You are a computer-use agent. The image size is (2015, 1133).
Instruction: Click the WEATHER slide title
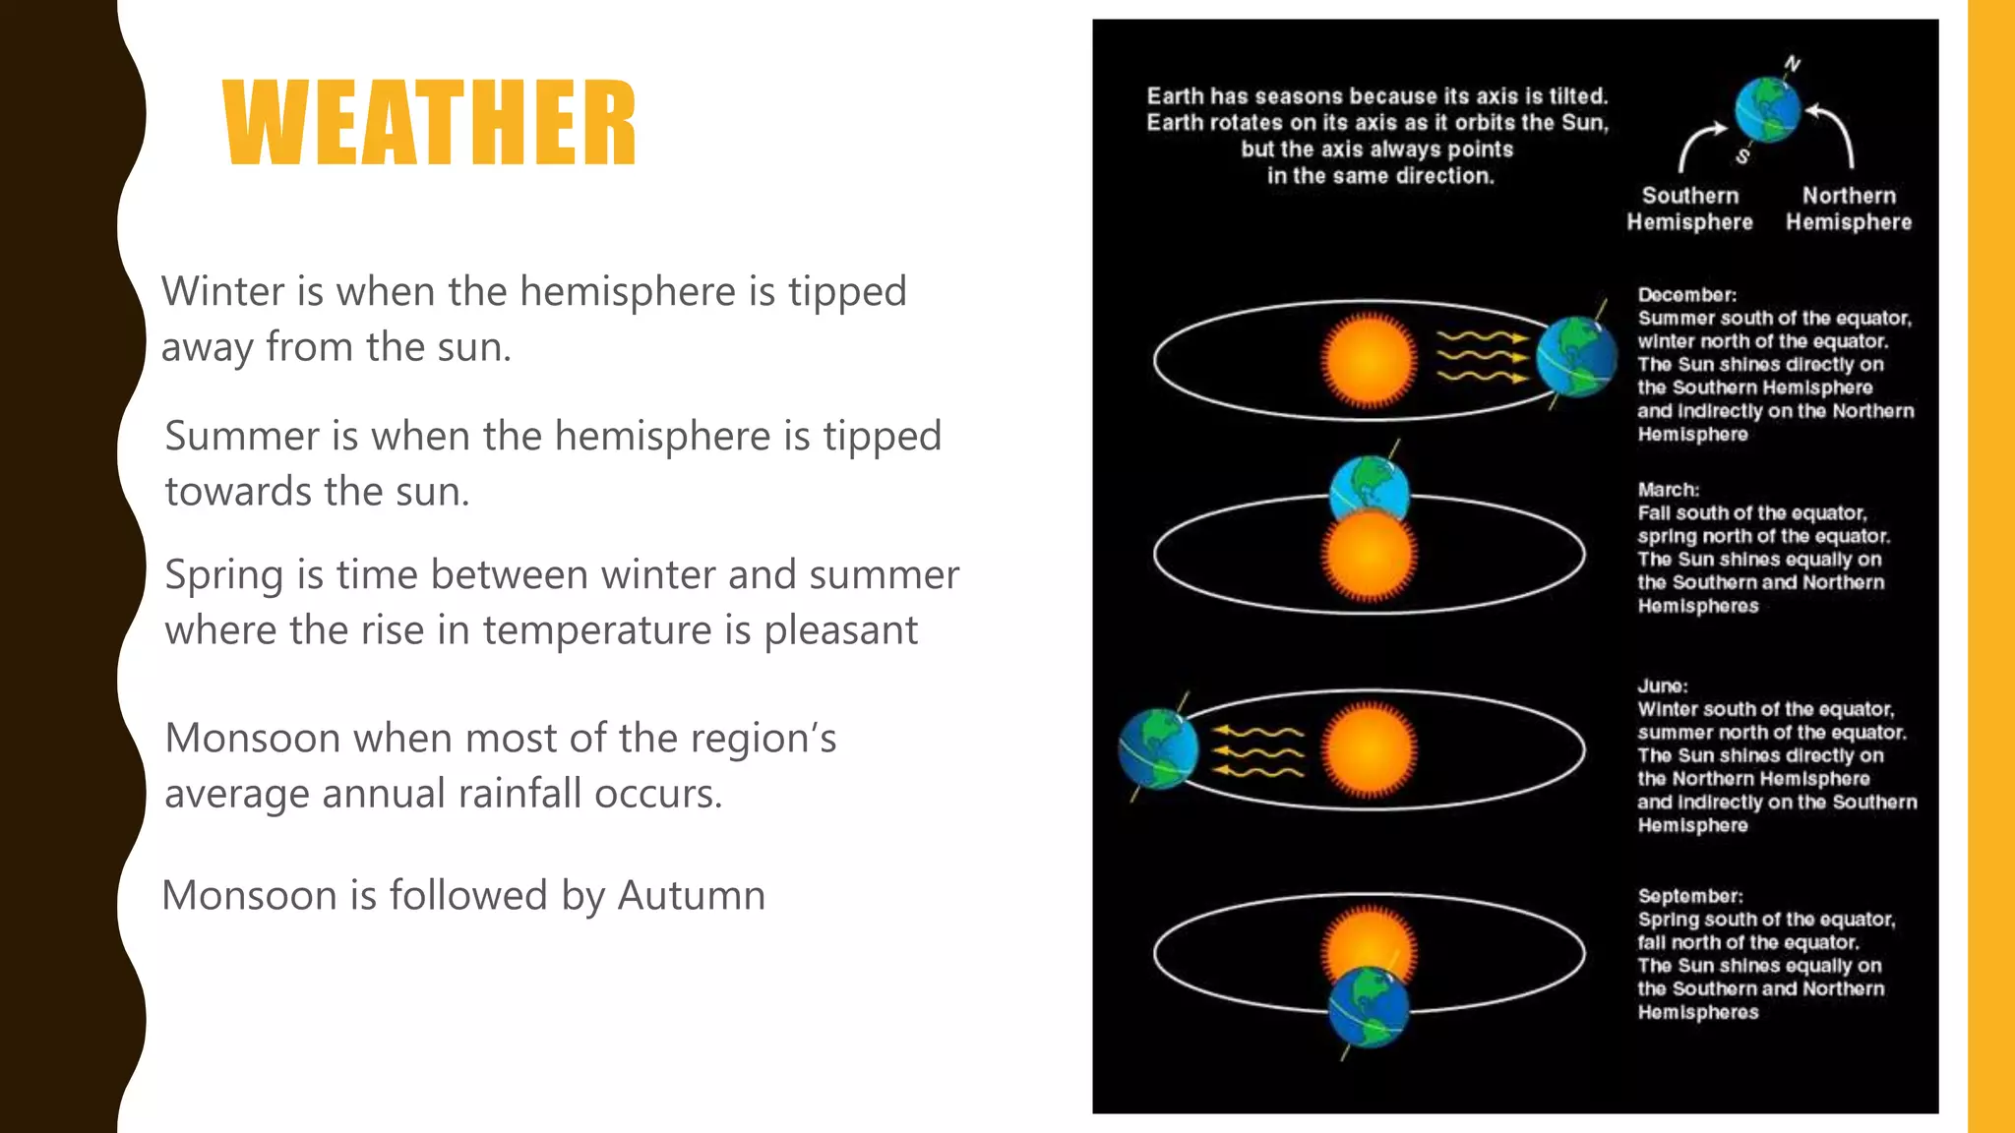pyautogui.click(x=430, y=123)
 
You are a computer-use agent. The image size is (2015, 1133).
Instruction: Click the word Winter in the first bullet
pyautogui.click(x=222, y=292)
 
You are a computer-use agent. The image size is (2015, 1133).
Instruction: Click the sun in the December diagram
pyautogui.click(x=1369, y=360)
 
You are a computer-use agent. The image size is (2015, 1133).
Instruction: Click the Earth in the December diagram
pyautogui.click(x=1575, y=357)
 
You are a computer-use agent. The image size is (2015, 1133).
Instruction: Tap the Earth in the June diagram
pyautogui.click(x=1159, y=749)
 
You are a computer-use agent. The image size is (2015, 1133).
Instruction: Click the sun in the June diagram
pyautogui.click(x=1369, y=749)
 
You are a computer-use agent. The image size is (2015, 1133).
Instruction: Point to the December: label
pyautogui.click(x=1686, y=295)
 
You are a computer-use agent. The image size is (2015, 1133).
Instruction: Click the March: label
pyautogui.click(x=1668, y=490)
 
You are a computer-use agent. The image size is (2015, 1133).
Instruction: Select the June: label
pyautogui.click(x=1662, y=686)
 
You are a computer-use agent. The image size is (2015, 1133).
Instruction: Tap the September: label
pyautogui.click(x=1689, y=896)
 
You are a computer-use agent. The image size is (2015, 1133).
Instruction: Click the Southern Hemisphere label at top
pyautogui.click(x=1689, y=209)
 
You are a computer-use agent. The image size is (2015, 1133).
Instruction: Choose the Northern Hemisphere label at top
pyautogui.click(x=1849, y=209)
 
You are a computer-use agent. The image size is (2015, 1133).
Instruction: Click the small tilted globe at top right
pyautogui.click(x=1767, y=110)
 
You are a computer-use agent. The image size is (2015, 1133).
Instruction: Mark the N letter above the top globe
pyautogui.click(x=1793, y=64)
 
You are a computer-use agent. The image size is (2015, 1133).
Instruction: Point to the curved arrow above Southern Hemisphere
pyautogui.click(x=1698, y=144)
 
